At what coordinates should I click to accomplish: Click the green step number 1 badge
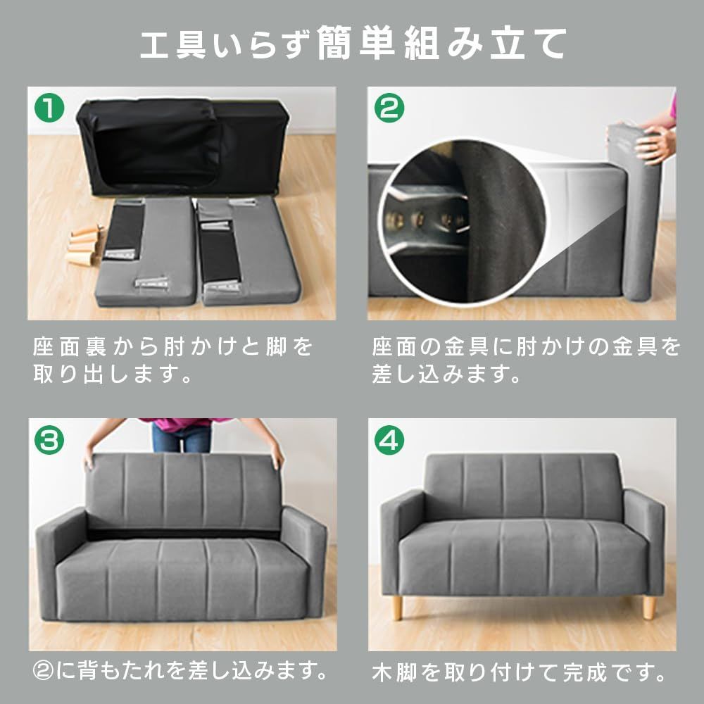pos(49,108)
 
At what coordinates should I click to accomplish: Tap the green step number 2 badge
pos(389,108)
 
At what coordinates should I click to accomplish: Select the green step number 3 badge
pos(49,440)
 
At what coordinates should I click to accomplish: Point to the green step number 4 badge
pos(389,440)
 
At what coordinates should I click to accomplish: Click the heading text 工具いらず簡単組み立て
pos(353,44)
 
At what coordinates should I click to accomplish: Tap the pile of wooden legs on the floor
pos(85,245)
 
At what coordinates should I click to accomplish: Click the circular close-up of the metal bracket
pos(463,222)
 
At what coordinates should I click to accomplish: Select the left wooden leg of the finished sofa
pos(397,608)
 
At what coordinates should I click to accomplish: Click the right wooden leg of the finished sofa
pos(648,608)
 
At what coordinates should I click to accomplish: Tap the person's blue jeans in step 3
pos(181,438)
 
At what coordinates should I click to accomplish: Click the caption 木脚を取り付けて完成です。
pos(520,672)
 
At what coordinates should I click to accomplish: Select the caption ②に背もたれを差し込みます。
pos(180,670)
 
